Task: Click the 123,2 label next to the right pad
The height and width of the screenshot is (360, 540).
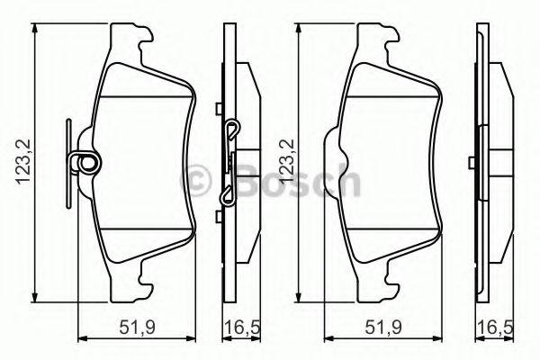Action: click(287, 162)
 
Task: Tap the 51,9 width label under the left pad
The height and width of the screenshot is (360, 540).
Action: click(138, 327)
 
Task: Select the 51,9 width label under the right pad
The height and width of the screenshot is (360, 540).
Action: click(383, 327)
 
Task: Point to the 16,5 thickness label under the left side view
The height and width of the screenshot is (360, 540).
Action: click(242, 327)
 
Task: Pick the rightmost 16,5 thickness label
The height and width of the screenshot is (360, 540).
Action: click(495, 327)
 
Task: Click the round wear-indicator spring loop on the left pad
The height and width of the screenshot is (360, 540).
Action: click(85, 162)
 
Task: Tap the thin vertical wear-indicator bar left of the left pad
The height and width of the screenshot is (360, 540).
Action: click(68, 163)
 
